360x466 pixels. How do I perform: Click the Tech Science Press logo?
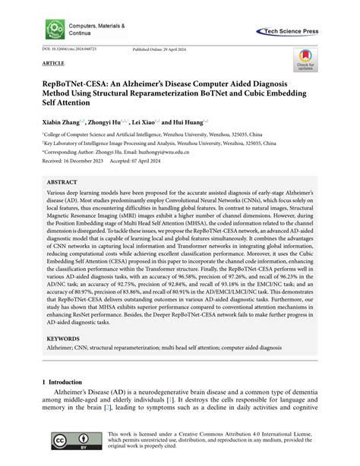pos(304,31)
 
